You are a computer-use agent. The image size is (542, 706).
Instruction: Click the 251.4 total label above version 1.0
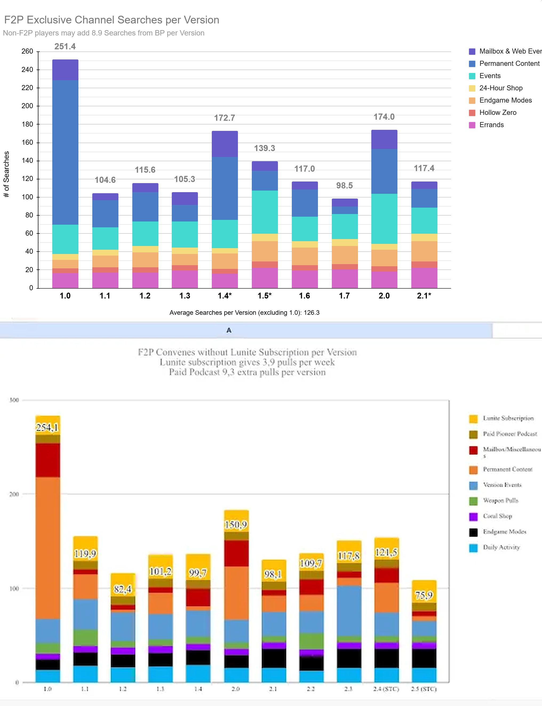(65, 46)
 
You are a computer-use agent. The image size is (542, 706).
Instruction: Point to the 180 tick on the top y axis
(27, 124)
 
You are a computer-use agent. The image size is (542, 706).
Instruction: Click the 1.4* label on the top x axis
(225, 296)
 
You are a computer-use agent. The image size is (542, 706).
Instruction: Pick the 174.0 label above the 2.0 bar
(384, 117)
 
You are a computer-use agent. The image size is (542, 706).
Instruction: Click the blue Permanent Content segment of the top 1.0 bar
(65, 152)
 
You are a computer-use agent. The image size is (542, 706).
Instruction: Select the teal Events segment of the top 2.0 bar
(384, 219)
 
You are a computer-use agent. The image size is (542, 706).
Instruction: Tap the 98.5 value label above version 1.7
(344, 185)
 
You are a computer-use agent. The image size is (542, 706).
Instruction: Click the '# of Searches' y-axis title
(6, 174)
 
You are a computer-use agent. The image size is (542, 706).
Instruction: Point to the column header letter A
(229, 330)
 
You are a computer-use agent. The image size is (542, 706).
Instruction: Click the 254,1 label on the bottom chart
(47, 427)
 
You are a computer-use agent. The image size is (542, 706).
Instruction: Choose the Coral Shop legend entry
(497, 516)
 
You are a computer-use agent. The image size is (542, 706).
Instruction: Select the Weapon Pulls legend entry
(500, 500)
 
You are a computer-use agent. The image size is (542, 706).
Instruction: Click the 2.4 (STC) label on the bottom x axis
(386, 689)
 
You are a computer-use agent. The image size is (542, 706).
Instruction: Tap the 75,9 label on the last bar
(424, 595)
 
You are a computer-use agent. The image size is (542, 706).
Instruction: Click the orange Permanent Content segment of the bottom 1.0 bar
(48, 548)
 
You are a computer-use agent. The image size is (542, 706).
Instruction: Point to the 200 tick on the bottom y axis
(14, 494)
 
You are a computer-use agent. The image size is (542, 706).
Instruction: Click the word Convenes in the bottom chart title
(175, 352)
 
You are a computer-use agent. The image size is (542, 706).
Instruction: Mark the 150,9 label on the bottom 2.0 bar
(236, 525)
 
